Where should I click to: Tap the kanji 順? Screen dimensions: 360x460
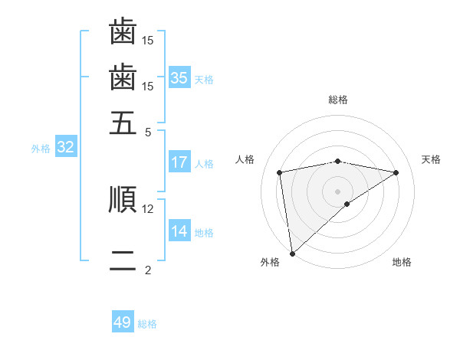click(x=123, y=200)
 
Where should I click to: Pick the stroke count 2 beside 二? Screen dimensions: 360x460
click(x=147, y=270)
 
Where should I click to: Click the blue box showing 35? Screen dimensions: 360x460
click(x=179, y=78)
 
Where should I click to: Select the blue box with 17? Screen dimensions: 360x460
click(x=179, y=162)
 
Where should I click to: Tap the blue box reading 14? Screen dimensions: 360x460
click(x=179, y=231)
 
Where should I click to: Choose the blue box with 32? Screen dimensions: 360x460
click(x=65, y=148)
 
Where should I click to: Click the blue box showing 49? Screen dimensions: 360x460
click(x=123, y=322)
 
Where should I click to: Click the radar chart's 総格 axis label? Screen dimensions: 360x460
click(x=338, y=100)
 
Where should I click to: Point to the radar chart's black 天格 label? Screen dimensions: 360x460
click(x=431, y=159)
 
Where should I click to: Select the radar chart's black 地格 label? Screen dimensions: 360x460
click(x=402, y=263)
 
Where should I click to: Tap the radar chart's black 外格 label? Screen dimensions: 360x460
click(x=270, y=263)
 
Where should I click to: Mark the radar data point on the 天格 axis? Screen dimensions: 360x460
click(x=396, y=172)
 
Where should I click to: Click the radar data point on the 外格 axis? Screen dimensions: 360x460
click(x=292, y=253)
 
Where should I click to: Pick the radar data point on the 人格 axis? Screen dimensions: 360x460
click(x=280, y=172)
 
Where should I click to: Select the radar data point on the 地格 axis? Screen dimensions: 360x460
click(x=347, y=204)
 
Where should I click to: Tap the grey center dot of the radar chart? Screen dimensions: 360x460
click(x=338, y=191)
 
